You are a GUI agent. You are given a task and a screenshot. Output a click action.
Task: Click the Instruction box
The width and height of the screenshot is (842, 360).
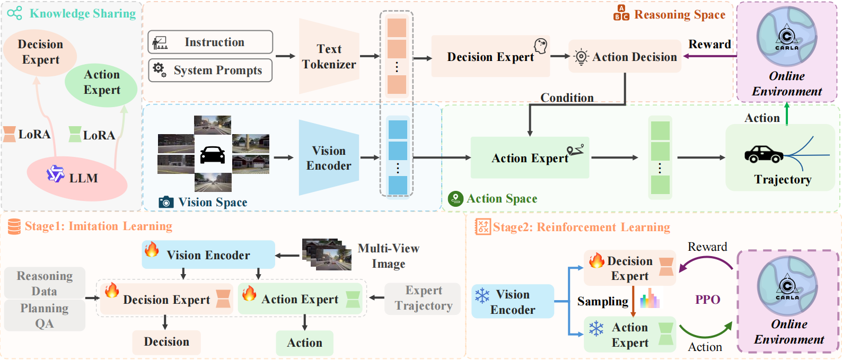210,42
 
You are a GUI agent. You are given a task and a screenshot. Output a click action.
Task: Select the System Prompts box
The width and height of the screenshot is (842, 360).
210,71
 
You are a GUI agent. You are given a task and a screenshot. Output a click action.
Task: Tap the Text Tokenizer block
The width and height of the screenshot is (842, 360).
329,57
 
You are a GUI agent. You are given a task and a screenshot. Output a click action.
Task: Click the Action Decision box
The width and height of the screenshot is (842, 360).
625,57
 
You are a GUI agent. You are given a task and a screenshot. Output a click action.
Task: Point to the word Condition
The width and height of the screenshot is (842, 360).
567,98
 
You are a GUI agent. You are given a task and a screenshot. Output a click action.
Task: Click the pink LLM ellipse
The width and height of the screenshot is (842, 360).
77,178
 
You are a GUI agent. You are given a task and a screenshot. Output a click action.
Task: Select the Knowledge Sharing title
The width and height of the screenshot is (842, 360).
83,14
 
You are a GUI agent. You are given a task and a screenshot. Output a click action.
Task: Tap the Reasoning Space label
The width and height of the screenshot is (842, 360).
679,15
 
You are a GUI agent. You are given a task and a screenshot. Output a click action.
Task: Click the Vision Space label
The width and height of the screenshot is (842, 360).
212,203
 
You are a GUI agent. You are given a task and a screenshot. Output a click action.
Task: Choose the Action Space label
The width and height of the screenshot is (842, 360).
502,199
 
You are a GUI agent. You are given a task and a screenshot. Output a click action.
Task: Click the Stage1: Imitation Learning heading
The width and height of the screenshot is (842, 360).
98,226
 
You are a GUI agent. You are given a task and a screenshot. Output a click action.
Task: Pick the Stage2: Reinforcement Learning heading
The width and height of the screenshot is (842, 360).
581,227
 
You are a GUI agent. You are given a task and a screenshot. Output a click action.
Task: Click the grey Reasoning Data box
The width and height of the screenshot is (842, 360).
45,283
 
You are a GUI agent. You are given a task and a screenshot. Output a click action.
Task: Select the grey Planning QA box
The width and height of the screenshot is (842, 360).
45,315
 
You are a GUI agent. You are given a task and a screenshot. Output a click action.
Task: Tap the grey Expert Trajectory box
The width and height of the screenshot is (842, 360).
423,298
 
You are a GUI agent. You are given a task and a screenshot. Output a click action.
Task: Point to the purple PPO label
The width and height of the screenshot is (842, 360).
707,300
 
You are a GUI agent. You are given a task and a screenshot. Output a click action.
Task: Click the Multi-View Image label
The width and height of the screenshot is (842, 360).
388,256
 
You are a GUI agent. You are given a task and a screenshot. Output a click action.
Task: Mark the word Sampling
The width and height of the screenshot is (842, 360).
602,301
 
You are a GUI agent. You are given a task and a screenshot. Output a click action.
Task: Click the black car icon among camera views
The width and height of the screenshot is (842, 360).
213,155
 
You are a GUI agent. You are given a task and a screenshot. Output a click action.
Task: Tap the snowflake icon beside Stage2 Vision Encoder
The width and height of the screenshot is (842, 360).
482,295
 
